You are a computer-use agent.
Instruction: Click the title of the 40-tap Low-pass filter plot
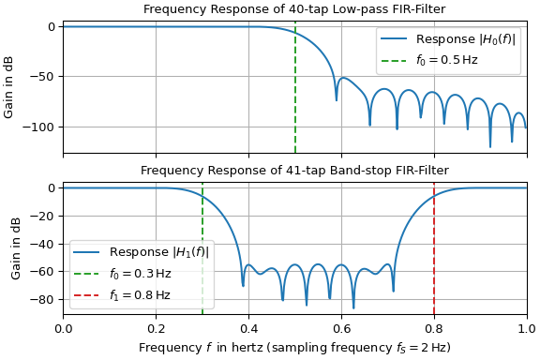coord(294,9)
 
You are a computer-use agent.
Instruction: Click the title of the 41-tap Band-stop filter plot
coord(294,170)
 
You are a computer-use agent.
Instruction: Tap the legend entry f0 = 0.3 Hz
coord(140,274)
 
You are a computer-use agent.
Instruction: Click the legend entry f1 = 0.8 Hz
coord(140,294)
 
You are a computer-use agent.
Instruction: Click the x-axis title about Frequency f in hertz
coord(294,347)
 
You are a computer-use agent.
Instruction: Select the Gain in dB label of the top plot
coord(9,86)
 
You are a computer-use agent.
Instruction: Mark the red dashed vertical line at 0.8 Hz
coord(434,234)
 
